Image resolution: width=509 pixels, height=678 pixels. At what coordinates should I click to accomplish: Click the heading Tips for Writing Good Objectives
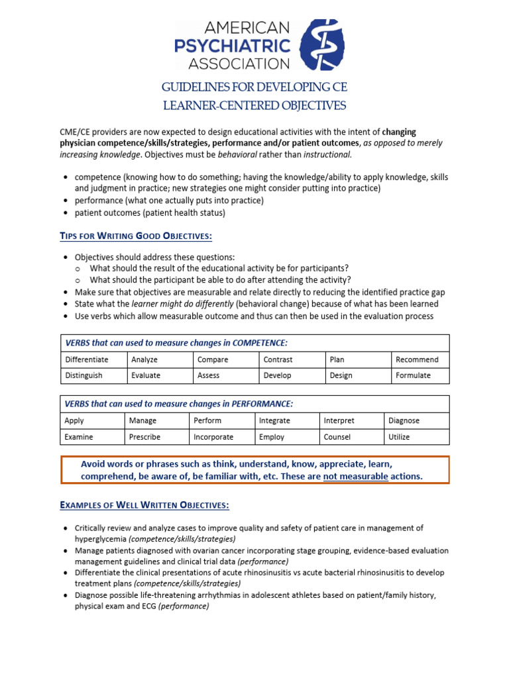[x=136, y=236]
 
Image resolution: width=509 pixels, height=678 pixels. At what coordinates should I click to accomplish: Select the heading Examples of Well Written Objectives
[x=144, y=505]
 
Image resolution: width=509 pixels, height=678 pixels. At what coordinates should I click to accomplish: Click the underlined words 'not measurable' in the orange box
[x=355, y=476]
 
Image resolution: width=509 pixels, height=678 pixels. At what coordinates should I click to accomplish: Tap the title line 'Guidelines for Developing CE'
[x=254, y=87]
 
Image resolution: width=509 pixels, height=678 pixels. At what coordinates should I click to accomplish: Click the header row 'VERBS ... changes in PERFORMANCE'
[x=179, y=404]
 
